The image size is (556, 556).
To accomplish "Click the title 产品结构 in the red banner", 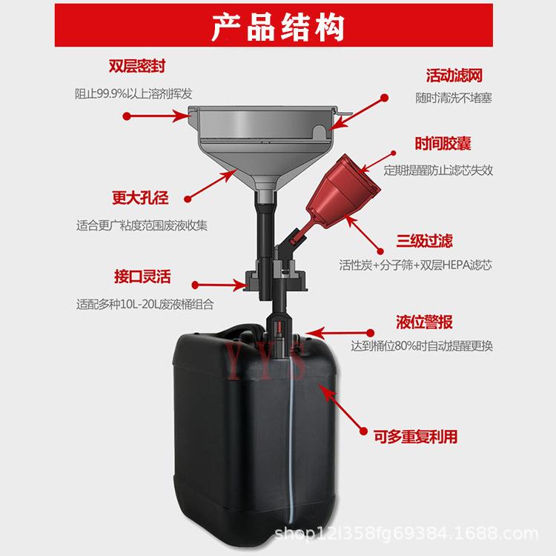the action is click(x=278, y=27).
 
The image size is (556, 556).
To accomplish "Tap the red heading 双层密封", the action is click(x=137, y=66).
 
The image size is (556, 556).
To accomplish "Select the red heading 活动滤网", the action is click(x=454, y=76).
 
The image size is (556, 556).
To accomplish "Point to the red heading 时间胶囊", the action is click(x=443, y=144).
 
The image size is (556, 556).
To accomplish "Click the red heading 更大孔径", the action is click(x=140, y=197).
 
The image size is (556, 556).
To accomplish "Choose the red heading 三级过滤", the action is click(x=425, y=241).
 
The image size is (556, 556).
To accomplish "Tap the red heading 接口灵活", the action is click(x=142, y=277).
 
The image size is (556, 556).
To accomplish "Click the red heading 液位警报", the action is click(x=425, y=322).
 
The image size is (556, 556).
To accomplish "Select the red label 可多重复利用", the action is click(x=415, y=437).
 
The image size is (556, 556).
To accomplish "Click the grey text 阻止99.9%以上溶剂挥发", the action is click(x=133, y=94).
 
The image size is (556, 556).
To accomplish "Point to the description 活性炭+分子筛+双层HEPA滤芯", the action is click(x=415, y=265).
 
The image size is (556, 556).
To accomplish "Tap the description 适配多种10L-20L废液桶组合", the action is click(x=145, y=304).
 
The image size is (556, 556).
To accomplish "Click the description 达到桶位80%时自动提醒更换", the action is click(x=422, y=345).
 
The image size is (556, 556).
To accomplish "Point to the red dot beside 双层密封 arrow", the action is click(x=127, y=116).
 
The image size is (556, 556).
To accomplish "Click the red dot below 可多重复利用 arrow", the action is click(x=363, y=431).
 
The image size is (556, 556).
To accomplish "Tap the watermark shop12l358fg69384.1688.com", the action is click(x=406, y=534).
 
